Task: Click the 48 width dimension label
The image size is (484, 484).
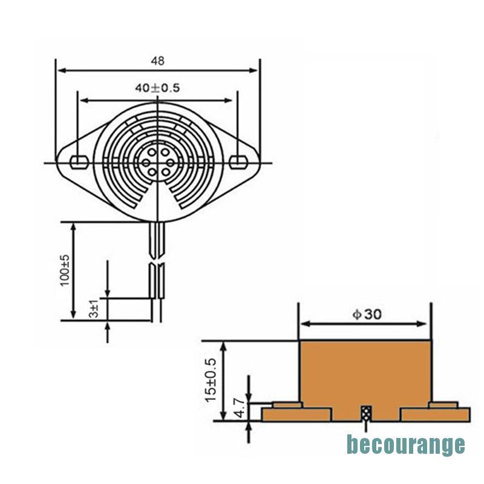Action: pos(157,61)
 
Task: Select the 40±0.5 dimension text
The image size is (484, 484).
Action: pos(157,88)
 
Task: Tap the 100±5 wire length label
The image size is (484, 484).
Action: pos(65,270)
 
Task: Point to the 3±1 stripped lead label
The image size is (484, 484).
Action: pos(94,309)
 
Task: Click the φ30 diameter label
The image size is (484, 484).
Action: pos(367,314)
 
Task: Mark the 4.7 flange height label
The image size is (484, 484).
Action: pos(240,407)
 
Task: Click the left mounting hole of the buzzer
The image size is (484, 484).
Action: pos(80,162)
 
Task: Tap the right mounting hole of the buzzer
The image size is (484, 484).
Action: pos(238,162)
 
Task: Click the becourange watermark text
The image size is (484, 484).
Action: pos(405,445)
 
